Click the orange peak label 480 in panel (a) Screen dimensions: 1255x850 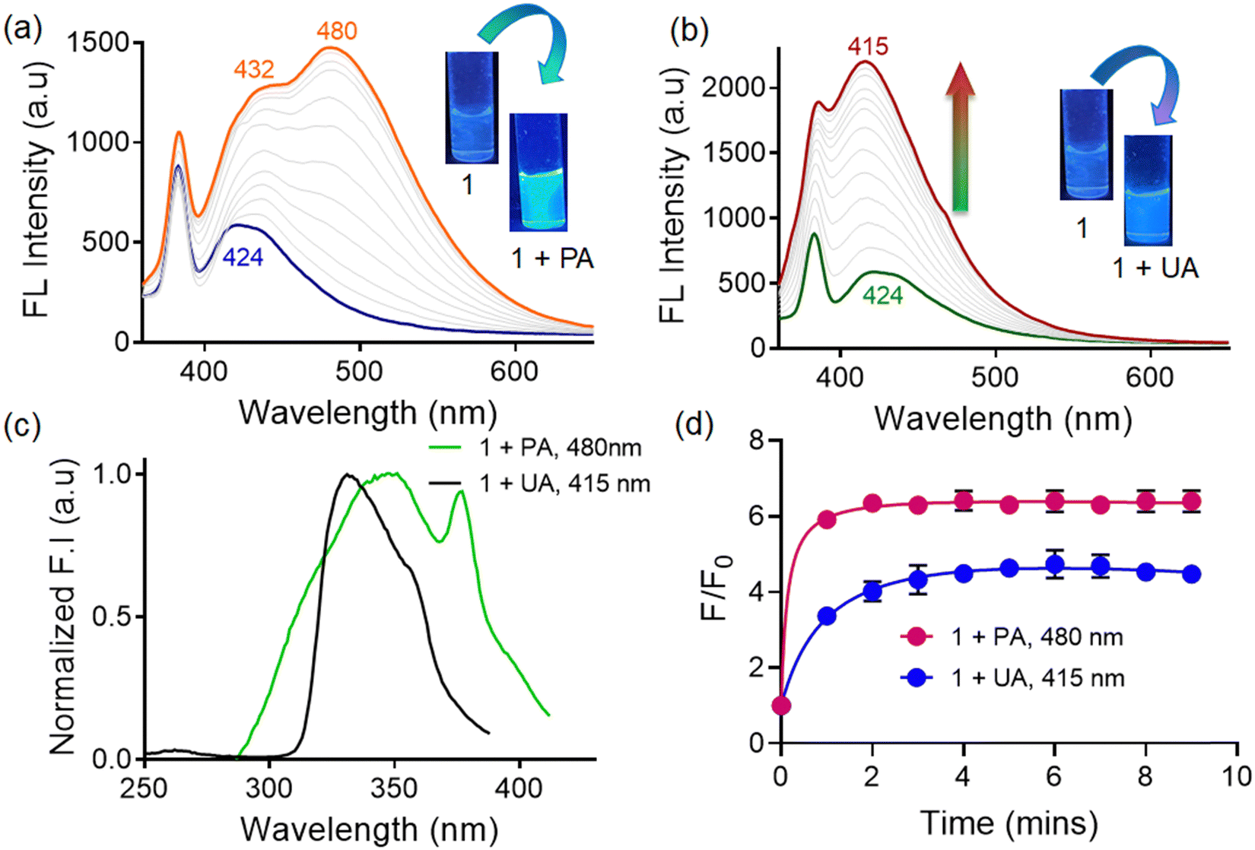click(x=337, y=31)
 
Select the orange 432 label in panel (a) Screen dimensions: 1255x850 click(x=254, y=69)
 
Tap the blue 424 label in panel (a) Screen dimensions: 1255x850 click(x=243, y=258)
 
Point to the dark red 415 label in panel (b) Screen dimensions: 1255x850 click(x=868, y=46)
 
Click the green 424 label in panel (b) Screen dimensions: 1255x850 click(x=883, y=296)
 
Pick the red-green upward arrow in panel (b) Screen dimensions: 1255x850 click(x=961, y=137)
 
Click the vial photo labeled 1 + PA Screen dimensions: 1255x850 click(x=539, y=173)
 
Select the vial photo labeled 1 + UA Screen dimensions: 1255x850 click(x=1148, y=190)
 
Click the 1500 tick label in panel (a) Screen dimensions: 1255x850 click(x=99, y=43)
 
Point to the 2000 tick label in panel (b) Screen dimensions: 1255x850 click(x=733, y=87)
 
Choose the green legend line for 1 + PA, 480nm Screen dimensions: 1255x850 click(x=445, y=447)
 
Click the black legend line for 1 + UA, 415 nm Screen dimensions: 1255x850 click(x=445, y=483)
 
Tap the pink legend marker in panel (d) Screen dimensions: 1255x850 click(x=917, y=637)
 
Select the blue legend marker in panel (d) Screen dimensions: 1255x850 click(x=917, y=678)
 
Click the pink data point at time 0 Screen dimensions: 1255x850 click(x=781, y=706)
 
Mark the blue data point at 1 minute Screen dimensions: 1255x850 click(x=827, y=617)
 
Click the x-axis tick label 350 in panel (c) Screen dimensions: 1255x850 click(x=394, y=788)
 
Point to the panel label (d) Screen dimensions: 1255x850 click(x=694, y=425)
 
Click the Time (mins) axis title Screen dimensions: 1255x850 click(x=1009, y=823)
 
